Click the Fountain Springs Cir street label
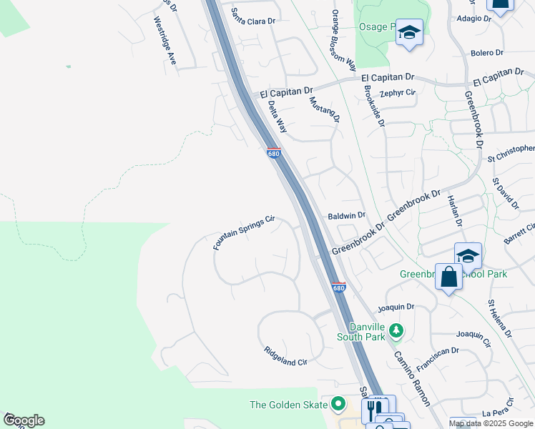(244, 233)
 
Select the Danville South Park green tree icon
(396, 331)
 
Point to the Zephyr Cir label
(398, 93)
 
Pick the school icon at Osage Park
(409, 32)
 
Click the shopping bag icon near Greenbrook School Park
(448, 277)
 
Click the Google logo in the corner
(23, 420)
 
